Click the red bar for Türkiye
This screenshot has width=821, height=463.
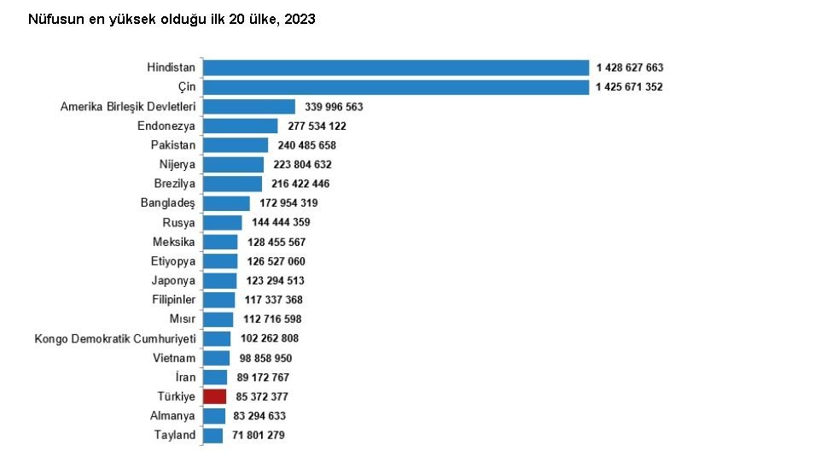(214, 396)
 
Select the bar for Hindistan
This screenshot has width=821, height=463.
(396, 67)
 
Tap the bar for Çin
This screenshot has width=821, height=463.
(396, 87)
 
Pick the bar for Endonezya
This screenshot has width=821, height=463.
(240, 126)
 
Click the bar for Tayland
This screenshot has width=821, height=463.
(213, 435)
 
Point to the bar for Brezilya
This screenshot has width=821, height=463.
(232, 184)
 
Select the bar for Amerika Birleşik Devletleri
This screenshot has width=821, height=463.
(249, 107)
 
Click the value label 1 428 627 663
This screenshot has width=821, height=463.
(630, 67)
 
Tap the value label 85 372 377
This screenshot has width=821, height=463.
(262, 396)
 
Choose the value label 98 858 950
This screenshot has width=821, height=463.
(266, 358)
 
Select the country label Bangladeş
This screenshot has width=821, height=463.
(167, 203)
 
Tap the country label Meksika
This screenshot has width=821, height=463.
(173, 242)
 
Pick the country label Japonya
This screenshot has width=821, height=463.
(173, 280)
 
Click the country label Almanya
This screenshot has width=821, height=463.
(172, 416)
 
